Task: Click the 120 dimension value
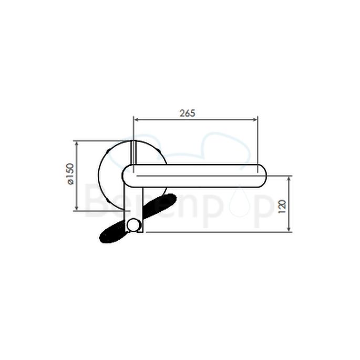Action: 282,205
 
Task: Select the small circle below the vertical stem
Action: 134,226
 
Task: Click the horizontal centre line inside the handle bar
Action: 200,176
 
